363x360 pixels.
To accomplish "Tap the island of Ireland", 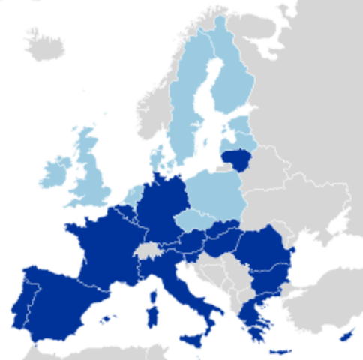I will coord(55,170).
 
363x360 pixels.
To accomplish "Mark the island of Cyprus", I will coord(347,333).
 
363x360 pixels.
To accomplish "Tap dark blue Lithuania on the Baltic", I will coord(236,158).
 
